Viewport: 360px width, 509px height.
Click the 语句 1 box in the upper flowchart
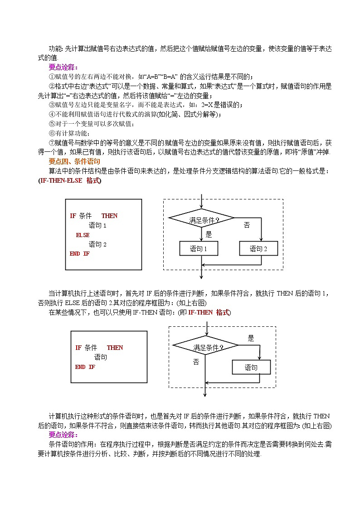[199, 248]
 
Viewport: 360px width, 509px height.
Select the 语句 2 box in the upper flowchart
[258, 248]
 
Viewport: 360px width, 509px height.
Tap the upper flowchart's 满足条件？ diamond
[201, 220]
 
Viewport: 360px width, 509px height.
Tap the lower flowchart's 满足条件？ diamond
[206, 348]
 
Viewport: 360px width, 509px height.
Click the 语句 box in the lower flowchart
[251, 368]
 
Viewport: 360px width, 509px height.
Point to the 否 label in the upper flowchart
[247, 225]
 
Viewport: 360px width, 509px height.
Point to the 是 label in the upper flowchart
[209, 234]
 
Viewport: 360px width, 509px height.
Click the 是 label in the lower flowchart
[251, 338]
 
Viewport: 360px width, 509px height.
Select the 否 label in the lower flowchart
[196, 362]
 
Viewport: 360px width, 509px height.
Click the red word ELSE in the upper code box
[83, 235]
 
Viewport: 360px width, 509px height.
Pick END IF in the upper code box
[80, 253]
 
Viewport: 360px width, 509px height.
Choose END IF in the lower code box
[85, 367]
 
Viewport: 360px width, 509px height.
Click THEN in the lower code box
[115, 348]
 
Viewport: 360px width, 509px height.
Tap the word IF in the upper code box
[73, 216]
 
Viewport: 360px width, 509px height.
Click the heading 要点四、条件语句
[74, 161]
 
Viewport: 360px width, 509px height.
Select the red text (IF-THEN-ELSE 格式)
[70, 180]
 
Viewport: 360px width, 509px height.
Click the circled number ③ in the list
[52, 105]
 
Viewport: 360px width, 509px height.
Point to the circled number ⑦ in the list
[52, 143]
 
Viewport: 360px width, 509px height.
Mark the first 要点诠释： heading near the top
[63, 67]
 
